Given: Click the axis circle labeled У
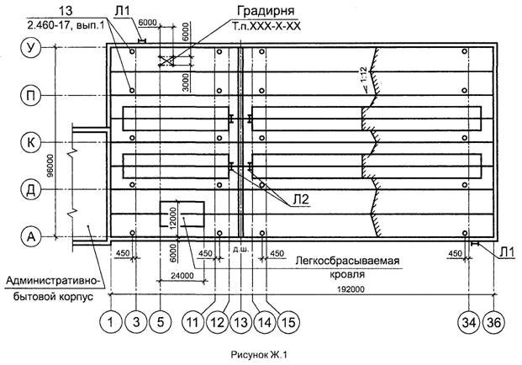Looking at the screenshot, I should (31, 49).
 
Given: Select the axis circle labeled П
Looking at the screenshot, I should (31, 96).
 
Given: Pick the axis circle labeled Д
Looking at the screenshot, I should (31, 190).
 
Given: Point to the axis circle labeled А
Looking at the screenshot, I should (31, 238).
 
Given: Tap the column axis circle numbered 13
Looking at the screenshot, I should (241, 320).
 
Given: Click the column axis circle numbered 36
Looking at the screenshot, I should (496, 320).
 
